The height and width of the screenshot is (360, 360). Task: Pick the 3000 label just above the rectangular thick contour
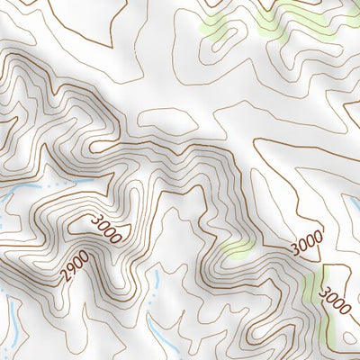[307, 243]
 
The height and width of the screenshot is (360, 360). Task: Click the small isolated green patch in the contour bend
[236, 249]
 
